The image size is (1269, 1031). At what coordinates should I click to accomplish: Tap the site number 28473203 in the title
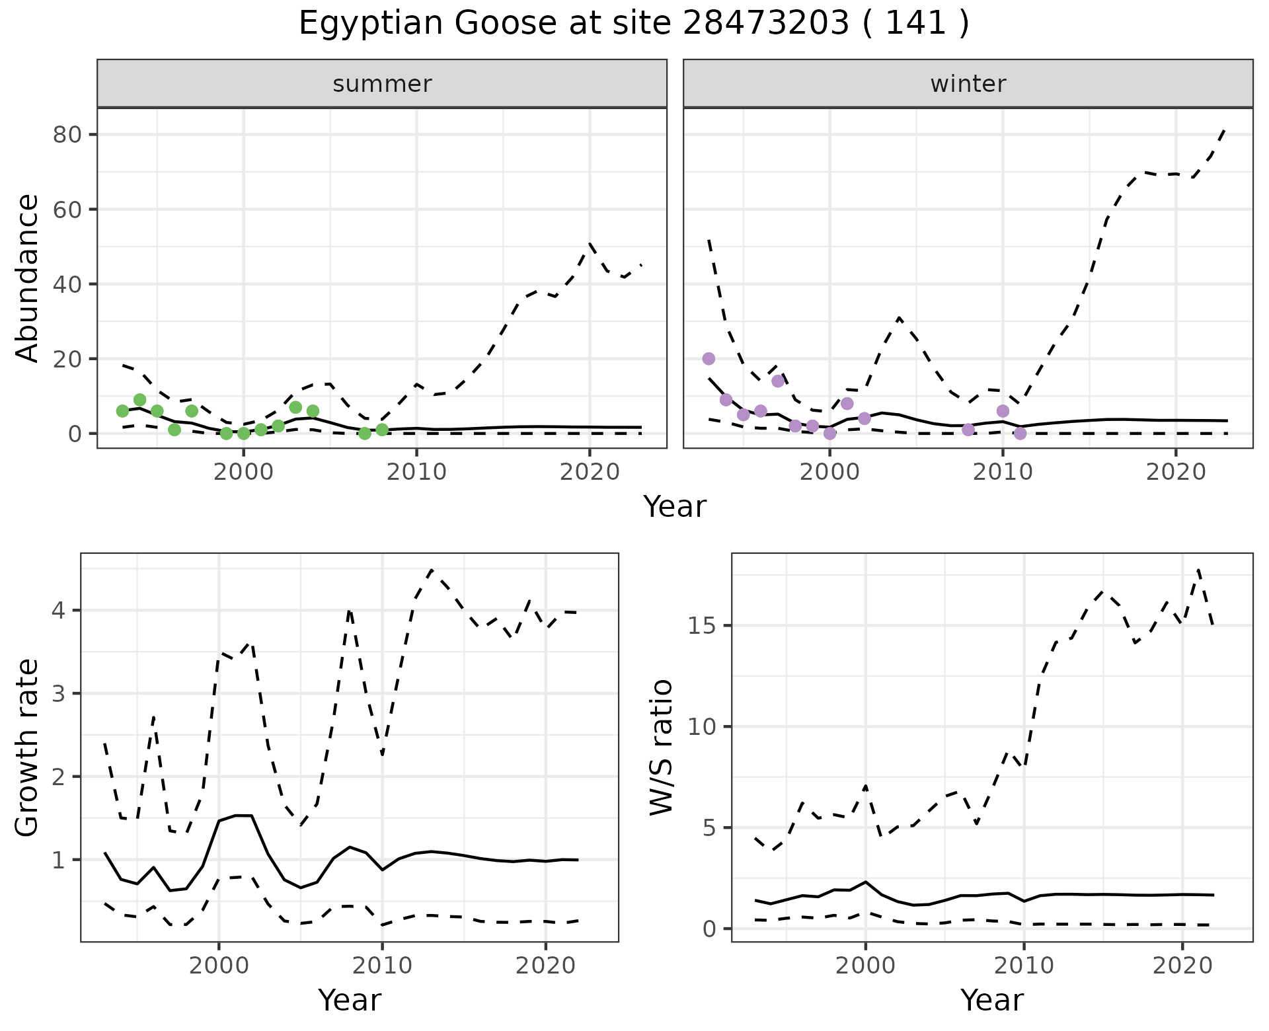pos(765,24)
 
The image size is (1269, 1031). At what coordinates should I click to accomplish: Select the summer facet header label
pos(382,84)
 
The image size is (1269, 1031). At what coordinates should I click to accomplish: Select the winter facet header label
pos(968,84)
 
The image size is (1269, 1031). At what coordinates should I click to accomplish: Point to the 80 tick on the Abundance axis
pos(67,135)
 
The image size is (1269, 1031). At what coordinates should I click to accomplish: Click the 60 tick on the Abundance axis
pos(67,210)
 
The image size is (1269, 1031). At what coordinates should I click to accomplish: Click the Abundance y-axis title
pos(27,278)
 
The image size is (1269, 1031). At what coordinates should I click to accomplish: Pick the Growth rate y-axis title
pos(27,747)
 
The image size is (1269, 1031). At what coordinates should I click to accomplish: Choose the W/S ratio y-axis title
pos(661,747)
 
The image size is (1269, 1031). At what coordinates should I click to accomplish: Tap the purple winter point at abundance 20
pos(709,359)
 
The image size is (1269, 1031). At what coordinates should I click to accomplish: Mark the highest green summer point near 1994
pos(139,400)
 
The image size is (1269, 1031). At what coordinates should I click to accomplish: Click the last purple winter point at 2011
pos(1020,434)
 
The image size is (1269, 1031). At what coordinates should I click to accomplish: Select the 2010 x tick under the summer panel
pos(416,472)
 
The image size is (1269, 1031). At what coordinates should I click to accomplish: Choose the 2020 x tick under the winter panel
pos(1176,472)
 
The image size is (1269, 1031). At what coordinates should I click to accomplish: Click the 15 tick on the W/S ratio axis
pos(705,625)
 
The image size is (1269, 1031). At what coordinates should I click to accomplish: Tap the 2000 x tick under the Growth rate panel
pos(219,966)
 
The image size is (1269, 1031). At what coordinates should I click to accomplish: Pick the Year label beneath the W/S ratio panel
pos(991,1000)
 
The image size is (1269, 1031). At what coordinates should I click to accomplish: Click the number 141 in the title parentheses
pos(915,24)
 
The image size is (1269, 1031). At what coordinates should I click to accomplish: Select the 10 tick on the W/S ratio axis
pos(705,727)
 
